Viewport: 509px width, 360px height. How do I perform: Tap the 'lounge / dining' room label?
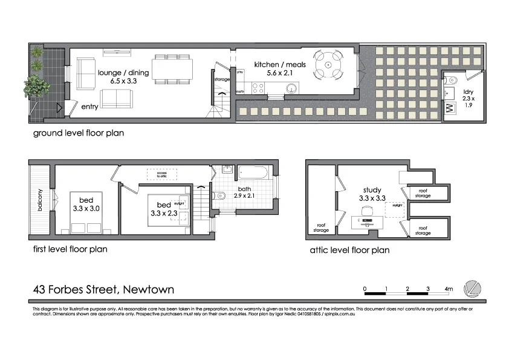pyautogui.click(x=117, y=76)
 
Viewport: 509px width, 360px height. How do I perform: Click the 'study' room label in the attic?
pyautogui.click(x=372, y=190)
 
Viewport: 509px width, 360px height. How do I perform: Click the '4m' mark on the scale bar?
pyautogui.click(x=448, y=289)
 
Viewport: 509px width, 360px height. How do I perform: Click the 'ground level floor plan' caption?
pyautogui.click(x=78, y=133)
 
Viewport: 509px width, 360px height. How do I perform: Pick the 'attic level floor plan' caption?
pyautogui.click(x=349, y=249)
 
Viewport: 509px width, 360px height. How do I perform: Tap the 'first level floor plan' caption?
pyautogui.click(x=70, y=249)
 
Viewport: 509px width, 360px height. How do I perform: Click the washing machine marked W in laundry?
pyautogui.click(x=450, y=108)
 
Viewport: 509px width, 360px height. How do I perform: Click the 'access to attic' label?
pyautogui.click(x=161, y=174)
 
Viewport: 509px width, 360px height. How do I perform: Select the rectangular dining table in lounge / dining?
pyautogui.click(x=172, y=70)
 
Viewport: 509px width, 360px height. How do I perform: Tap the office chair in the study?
pyautogui.click(x=366, y=211)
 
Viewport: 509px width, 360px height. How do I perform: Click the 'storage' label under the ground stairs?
pyautogui.click(x=222, y=79)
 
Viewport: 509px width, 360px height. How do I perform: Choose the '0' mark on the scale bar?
pyautogui.click(x=365, y=289)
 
